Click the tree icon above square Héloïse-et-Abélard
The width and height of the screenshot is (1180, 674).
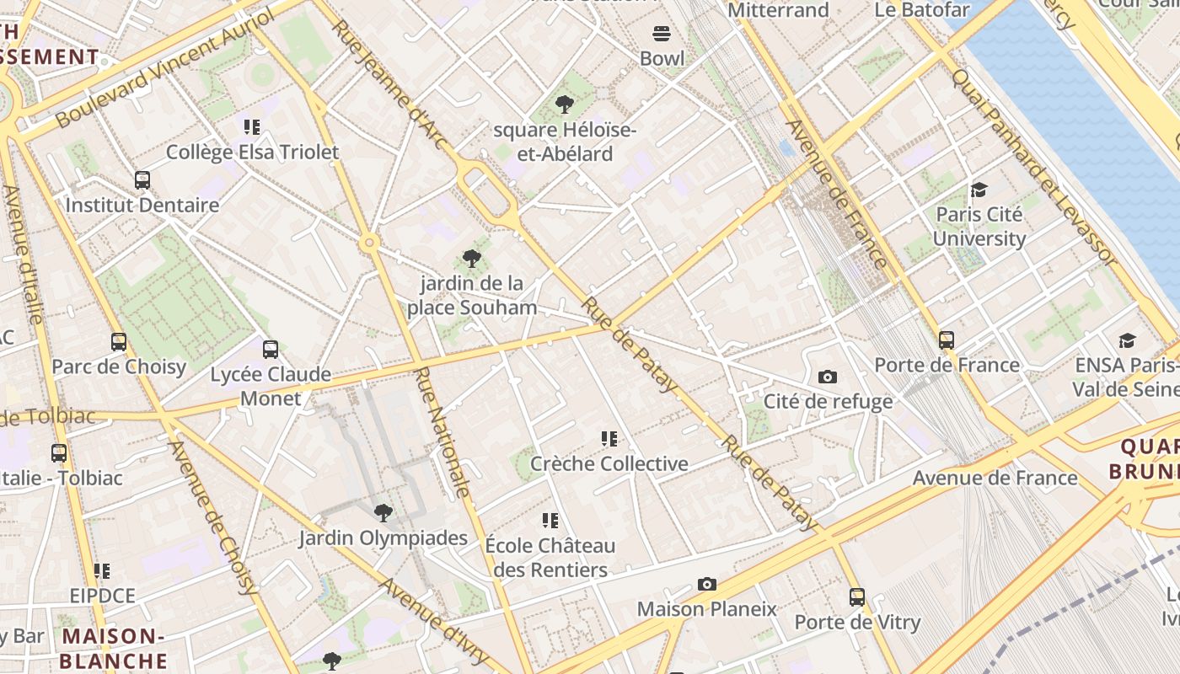point(565,104)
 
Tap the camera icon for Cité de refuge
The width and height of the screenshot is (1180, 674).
point(828,377)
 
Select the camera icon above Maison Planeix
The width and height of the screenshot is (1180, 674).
point(707,584)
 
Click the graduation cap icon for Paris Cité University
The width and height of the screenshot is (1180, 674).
point(979,190)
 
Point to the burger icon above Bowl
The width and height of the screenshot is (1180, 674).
point(662,34)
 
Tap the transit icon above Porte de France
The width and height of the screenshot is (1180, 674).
point(947,340)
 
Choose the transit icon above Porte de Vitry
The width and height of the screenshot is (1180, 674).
point(857,597)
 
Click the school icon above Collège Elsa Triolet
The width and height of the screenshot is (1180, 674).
point(252,127)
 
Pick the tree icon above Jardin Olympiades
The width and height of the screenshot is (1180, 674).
point(383,512)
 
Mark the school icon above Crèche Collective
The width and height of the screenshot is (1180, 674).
point(609,439)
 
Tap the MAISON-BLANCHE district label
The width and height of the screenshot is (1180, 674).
point(113,648)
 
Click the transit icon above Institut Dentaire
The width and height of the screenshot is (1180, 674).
point(142,180)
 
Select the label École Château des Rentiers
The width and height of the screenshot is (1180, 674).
point(550,558)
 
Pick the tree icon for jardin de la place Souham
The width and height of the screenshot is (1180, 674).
point(472,259)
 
